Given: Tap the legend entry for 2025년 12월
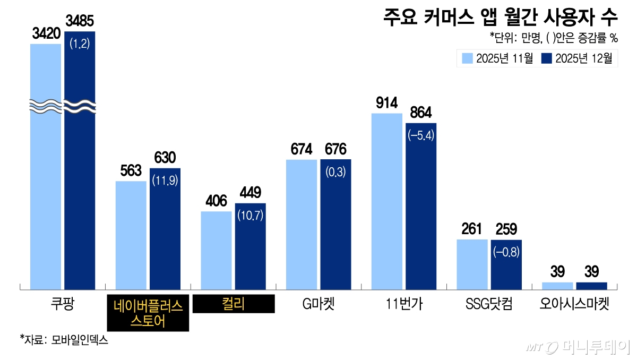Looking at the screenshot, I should point(576,58).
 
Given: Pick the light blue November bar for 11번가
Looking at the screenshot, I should point(386,202).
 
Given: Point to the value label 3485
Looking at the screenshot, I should point(80,22).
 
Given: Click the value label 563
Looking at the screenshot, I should point(131,170).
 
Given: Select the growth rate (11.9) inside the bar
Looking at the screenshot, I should point(165,181).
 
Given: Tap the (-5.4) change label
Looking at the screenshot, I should point(421,136).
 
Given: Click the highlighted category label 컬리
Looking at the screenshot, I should point(234,304).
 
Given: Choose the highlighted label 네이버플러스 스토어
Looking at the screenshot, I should point(148,313).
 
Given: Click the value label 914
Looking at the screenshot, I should point(387,102).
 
